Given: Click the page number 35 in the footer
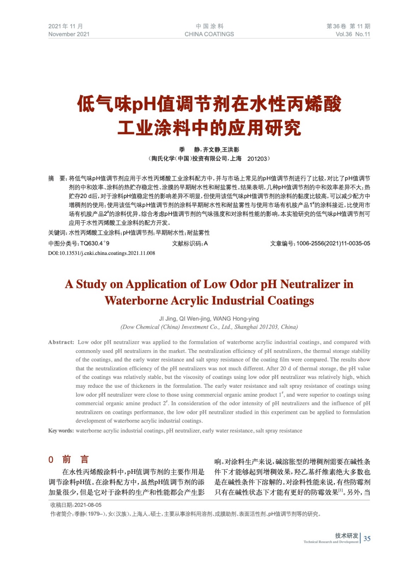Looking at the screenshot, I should [367, 539].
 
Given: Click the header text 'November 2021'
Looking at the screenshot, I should [69, 34].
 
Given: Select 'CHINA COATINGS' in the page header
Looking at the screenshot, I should [209, 34].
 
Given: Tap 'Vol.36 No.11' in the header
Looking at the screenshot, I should [353, 34].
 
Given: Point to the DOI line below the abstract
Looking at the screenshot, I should [101, 253].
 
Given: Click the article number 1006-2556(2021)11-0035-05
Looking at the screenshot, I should [333, 243].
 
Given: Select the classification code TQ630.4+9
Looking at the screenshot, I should [95, 243].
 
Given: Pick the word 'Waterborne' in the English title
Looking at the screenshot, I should [136, 301].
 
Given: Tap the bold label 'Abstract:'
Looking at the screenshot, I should [61, 342].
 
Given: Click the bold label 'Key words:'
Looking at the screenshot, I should [61, 431].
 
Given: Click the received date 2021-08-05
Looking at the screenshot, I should [88, 505].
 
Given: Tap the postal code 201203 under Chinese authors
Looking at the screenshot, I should [257, 159].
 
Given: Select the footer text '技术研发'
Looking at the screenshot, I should [346, 535].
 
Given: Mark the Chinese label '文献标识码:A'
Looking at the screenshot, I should [190, 243].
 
